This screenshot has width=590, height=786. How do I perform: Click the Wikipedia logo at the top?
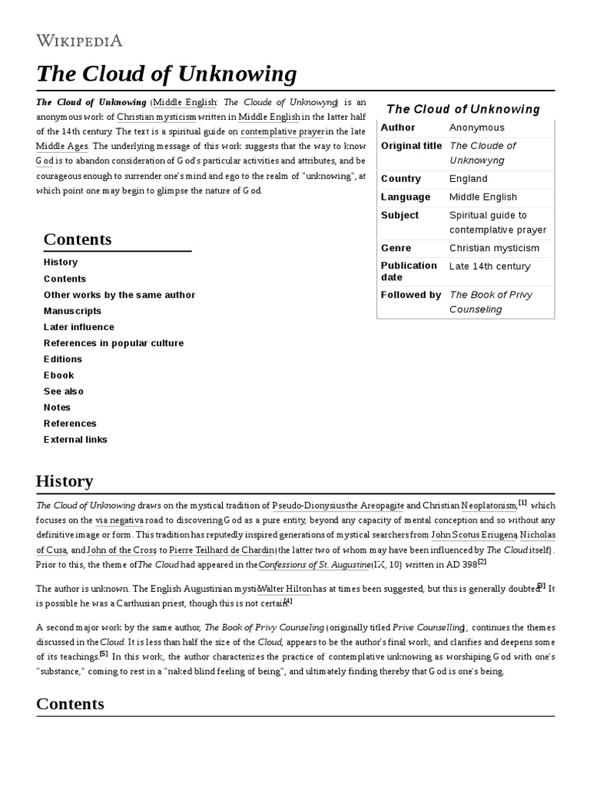[79, 40]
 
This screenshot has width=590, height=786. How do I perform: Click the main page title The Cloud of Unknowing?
[166, 74]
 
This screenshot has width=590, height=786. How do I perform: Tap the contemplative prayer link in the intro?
[283, 131]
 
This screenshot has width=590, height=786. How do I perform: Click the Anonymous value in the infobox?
[477, 127]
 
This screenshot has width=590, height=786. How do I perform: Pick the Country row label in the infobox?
[401, 179]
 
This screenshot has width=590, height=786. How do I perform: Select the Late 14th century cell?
[490, 266]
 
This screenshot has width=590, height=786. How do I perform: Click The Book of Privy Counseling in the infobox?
[490, 302]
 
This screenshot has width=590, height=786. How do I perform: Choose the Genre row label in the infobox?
[396, 248]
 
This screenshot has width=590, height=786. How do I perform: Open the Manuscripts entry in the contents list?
[72, 311]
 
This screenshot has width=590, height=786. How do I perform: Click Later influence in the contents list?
[79, 327]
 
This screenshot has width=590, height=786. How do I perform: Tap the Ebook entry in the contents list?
[59, 375]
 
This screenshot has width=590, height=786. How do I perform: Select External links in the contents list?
[75, 440]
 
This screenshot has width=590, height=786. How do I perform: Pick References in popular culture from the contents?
[114, 343]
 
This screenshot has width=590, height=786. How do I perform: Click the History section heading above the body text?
[65, 481]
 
